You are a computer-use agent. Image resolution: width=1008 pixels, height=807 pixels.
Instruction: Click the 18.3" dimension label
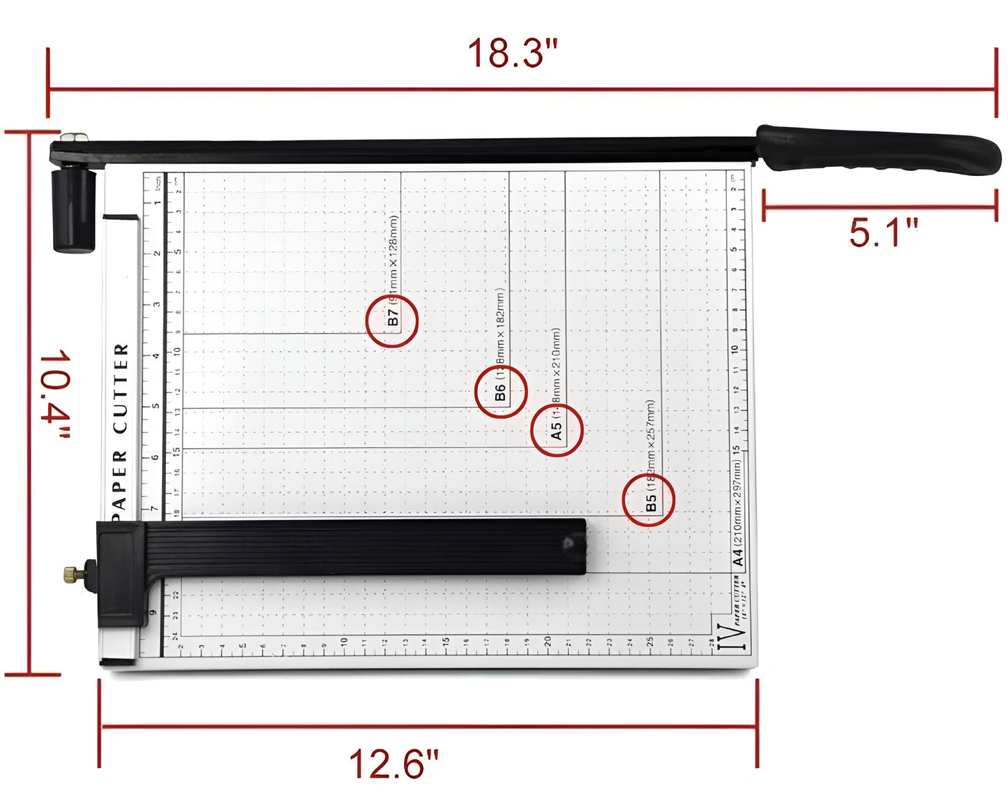(513, 53)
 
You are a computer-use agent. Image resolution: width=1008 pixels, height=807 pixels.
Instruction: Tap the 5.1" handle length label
(882, 232)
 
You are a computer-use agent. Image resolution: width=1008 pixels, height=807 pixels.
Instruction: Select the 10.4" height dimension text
(55, 394)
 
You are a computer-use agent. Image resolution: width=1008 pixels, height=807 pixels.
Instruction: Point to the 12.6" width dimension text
(394, 764)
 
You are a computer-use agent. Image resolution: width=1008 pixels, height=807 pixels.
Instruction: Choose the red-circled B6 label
(500, 392)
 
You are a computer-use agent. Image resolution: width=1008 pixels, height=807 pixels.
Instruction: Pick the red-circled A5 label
(556, 430)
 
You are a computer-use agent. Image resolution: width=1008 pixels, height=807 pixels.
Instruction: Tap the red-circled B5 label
(649, 501)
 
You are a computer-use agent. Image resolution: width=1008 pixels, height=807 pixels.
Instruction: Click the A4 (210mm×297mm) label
(738, 512)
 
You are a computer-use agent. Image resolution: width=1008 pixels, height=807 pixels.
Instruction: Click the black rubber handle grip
(879, 149)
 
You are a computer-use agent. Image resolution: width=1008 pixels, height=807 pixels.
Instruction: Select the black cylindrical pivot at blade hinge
(73, 209)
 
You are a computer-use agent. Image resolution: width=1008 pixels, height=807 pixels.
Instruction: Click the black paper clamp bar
(363, 547)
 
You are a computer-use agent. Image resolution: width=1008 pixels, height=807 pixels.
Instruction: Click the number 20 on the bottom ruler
(548, 640)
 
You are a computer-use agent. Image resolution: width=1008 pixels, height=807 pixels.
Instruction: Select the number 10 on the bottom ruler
(344, 642)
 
